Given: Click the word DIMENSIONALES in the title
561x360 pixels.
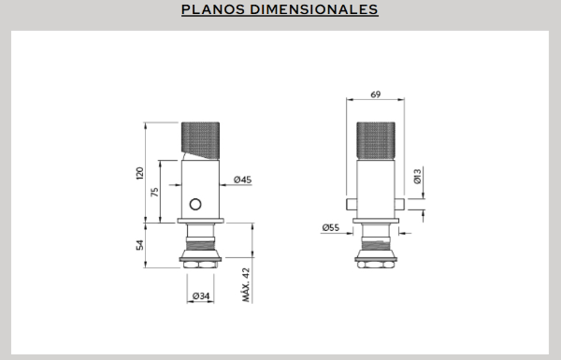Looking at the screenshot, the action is pyautogui.click(x=314, y=9).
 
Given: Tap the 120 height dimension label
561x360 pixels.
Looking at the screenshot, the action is pyautogui.click(x=140, y=173).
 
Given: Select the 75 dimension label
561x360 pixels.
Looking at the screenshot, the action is pyautogui.click(x=154, y=193).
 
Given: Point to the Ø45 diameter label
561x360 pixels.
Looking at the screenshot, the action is pyautogui.click(x=242, y=180).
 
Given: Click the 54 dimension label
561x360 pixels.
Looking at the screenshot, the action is pyautogui.click(x=140, y=245).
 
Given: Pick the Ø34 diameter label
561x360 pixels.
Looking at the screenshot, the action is pyautogui.click(x=201, y=295).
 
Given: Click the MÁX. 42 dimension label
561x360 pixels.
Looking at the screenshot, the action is pyautogui.click(x=246, y=285).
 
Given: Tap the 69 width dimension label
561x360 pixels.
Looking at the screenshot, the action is pyautogui.click(x=375, y=94).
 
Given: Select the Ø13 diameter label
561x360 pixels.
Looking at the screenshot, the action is pyautogui.click(x=418, y=177).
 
